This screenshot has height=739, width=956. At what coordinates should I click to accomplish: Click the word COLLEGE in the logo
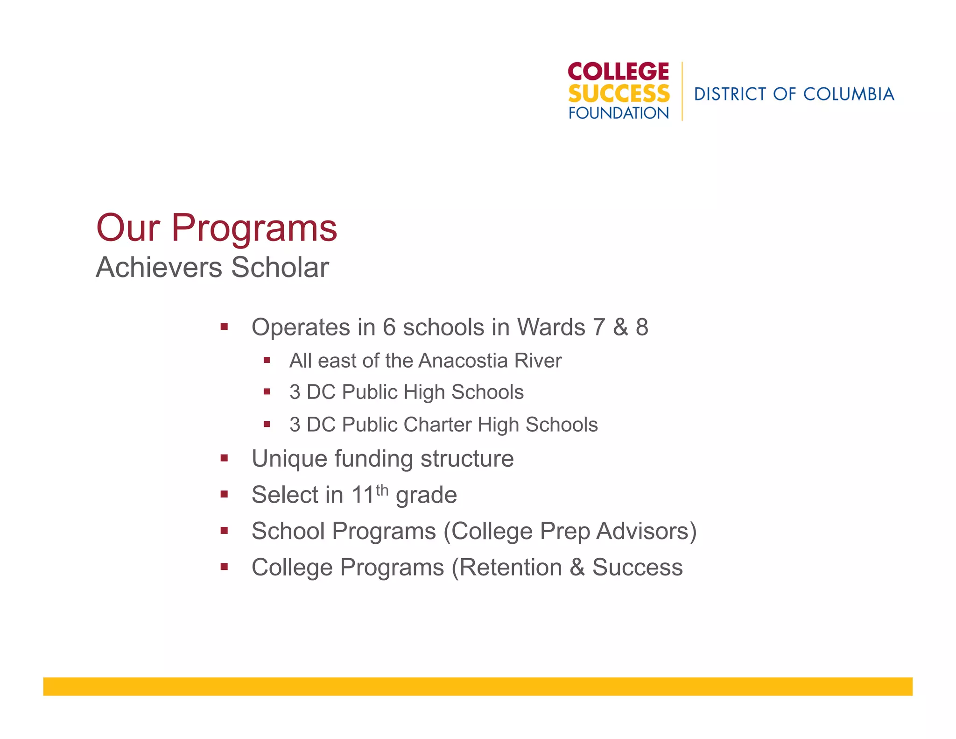click(618, 72)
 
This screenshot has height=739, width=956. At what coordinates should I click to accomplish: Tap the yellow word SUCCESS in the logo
click(619, 94)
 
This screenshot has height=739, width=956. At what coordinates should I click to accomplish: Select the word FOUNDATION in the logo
click(619, 113)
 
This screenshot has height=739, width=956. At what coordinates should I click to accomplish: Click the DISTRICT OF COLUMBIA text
click(794, 94)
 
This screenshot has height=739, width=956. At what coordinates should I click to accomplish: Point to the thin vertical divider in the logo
click(682, 91)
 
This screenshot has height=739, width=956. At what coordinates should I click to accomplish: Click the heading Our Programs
click(216, 228)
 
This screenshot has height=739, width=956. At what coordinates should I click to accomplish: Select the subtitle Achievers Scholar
click(212, 268)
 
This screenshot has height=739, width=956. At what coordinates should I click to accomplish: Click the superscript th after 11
click(382, 490)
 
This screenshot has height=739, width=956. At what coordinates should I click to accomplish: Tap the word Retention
click(510, 568)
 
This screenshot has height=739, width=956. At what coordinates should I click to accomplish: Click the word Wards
click(551, 327)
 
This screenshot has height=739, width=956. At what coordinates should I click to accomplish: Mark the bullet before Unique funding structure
click(225, 458)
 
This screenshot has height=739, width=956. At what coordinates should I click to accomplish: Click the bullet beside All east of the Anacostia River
click(267, 360)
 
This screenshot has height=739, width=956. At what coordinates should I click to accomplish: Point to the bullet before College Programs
click(225, 567)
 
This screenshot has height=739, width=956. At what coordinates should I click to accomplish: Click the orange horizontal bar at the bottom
click(478, 686)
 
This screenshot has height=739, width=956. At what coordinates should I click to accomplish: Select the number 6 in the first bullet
click(389, 327)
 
